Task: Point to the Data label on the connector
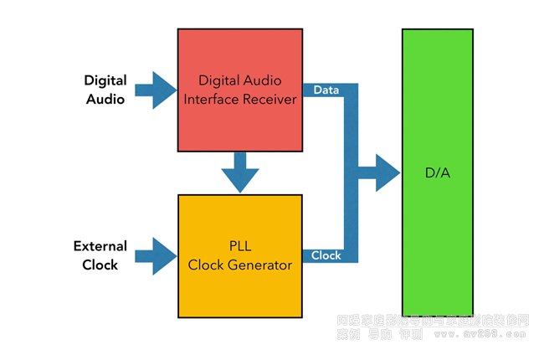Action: pos(325,89)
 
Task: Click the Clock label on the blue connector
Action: pos(326,255)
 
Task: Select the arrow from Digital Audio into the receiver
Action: pos(152,90)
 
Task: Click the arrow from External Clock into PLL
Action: pos(152,255)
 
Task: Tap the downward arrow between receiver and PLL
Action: pos(240,172)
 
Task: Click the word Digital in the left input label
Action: pos(105,81)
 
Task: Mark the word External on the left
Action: pos(100,247)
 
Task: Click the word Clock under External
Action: pos(100,265)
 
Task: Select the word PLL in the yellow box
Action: pos(240,248)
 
